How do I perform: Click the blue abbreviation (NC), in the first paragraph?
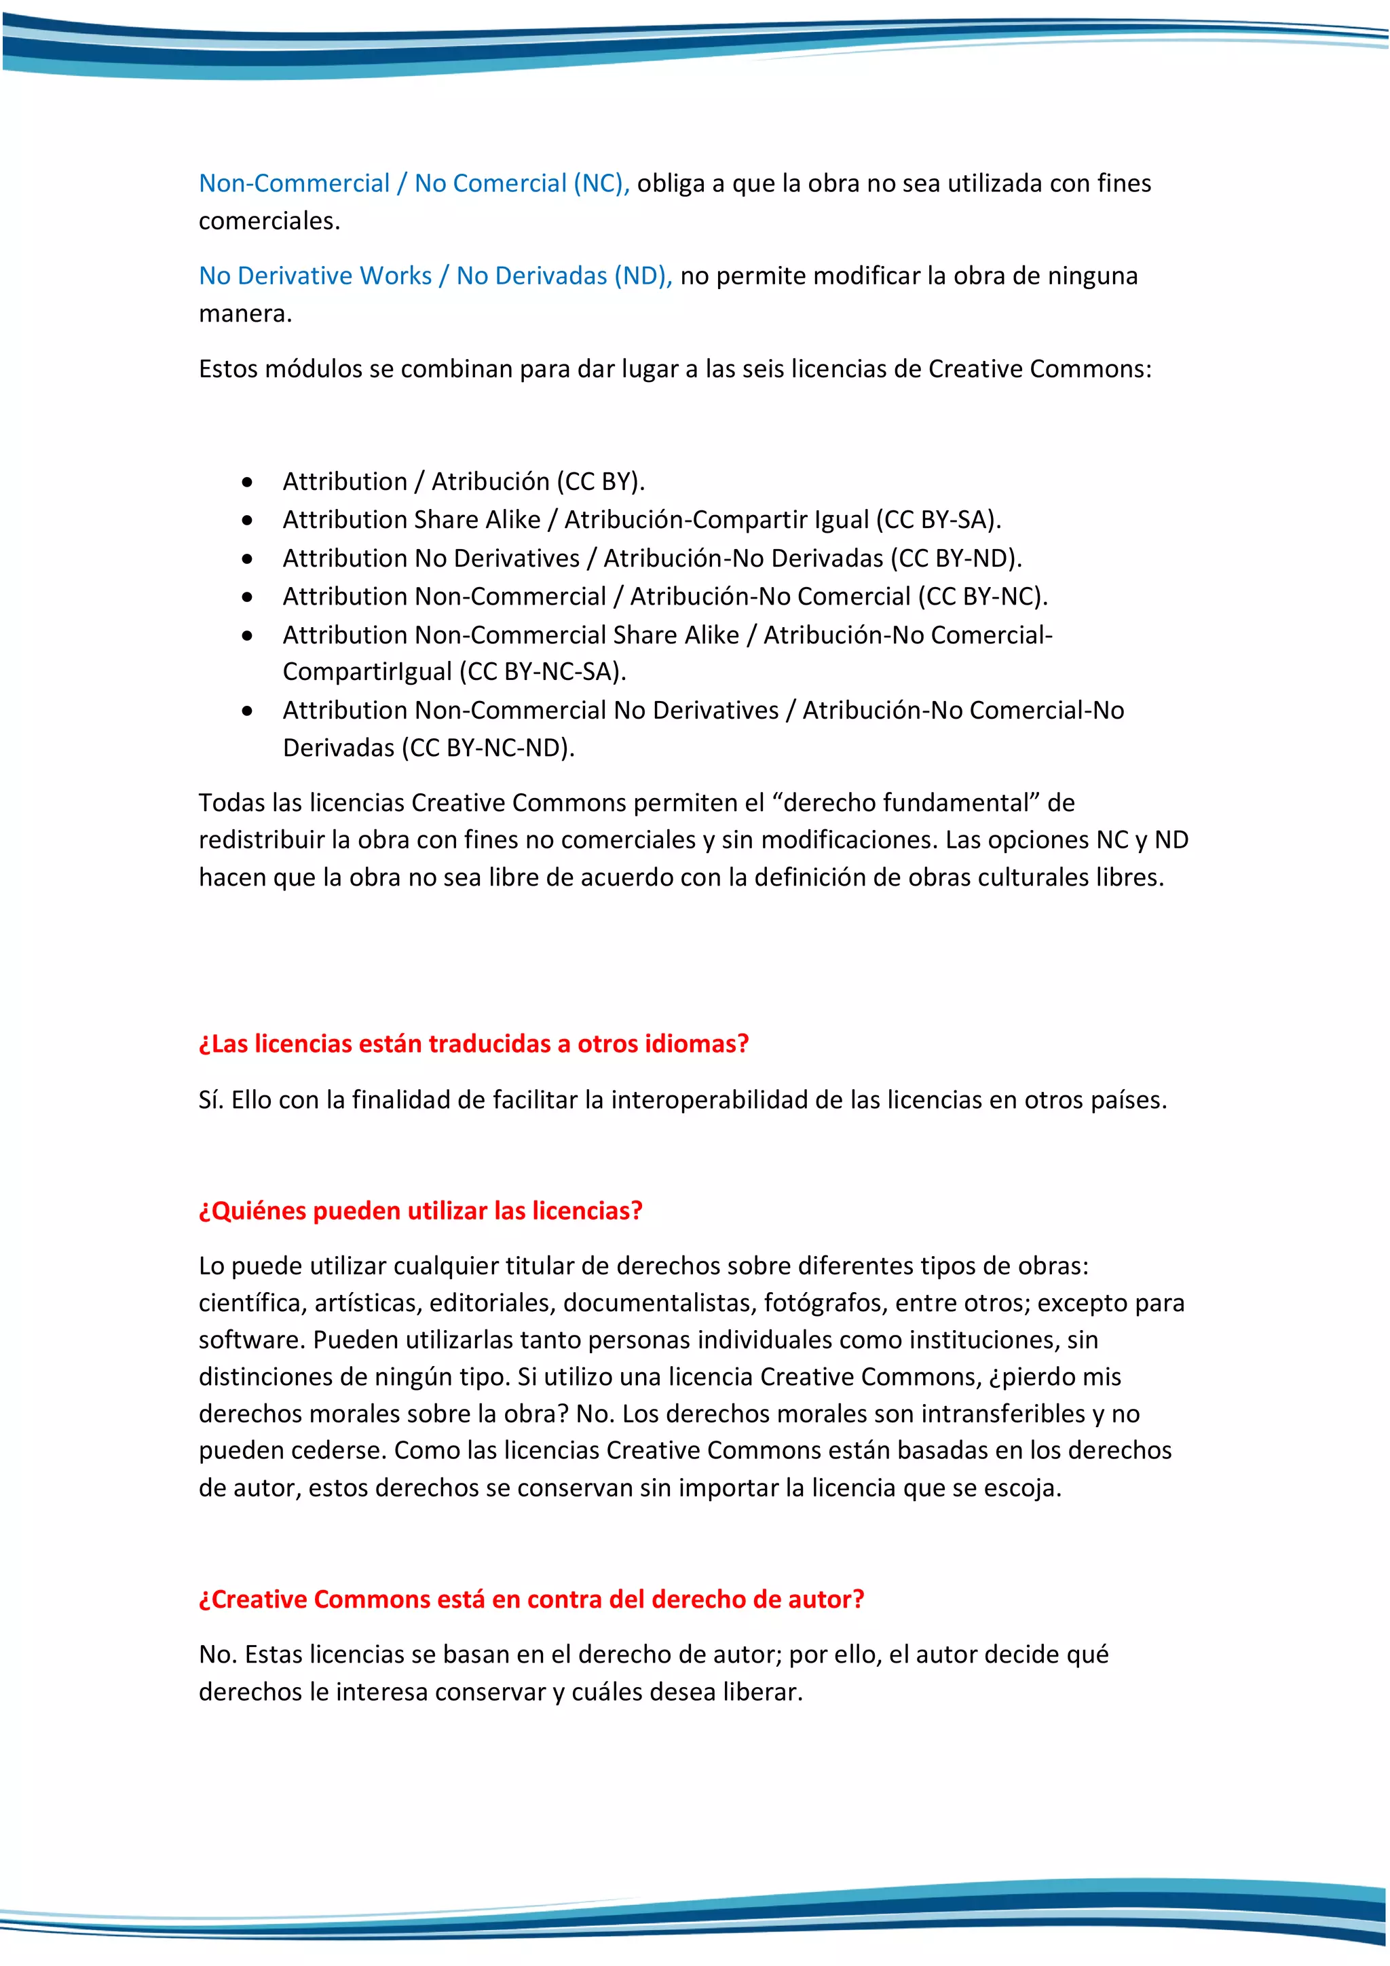tap(601, 183)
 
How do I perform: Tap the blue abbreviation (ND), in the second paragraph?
tap(642, 276)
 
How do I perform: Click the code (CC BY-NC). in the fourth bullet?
tap(982, 596)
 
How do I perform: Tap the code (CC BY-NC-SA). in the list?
tap(543, 671)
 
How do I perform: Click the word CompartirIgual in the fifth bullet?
tap(367, 671)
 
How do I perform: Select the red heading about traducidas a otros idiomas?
tap(474, 1044)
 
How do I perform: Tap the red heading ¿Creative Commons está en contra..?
tap(531, 1600)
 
